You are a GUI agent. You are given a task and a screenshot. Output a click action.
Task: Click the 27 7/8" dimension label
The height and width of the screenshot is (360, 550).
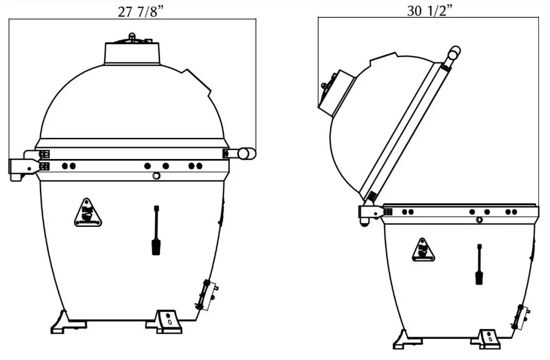click(139, 12)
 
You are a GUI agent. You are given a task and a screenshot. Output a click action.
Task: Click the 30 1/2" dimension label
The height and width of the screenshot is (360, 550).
click(429, 11)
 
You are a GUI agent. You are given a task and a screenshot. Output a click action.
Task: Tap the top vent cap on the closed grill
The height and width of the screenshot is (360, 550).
click(132, 51)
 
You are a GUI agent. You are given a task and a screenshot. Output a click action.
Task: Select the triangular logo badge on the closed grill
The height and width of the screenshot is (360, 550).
click(88, 213)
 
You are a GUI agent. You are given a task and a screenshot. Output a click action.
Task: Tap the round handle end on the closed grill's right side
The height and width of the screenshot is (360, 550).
click(246, 153)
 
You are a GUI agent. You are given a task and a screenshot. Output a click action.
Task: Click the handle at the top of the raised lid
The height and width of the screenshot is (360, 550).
click(452, 54)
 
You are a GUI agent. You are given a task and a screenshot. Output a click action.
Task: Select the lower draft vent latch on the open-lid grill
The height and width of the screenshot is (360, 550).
click(522, 316)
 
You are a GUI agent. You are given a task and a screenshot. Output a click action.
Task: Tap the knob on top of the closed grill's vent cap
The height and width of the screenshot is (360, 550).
click(132, 36)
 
